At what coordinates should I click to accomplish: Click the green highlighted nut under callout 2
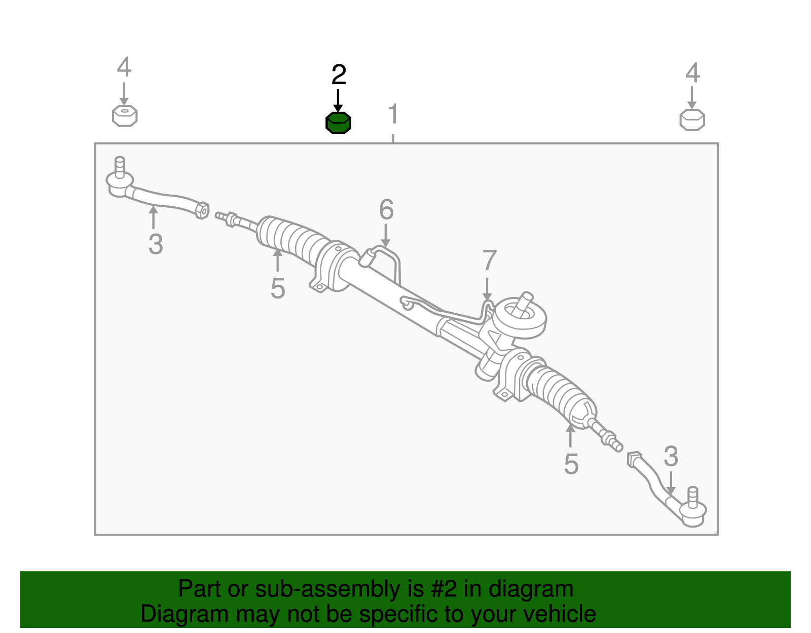338,123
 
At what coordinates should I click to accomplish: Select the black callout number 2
339,75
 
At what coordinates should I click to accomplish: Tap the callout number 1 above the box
393,114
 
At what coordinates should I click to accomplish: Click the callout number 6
386,209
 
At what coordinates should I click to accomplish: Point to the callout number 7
489,260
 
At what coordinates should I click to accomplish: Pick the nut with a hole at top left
125,116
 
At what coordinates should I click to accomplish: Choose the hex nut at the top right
692,120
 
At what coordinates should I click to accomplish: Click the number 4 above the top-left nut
124,67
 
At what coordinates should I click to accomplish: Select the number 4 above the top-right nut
692,73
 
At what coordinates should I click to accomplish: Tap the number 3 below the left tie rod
156,244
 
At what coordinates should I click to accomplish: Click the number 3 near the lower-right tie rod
671,456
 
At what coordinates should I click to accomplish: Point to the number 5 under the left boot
278,289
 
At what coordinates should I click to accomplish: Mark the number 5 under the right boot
571,464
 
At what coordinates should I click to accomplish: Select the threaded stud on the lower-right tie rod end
692,497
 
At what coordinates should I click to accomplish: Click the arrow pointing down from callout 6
386,236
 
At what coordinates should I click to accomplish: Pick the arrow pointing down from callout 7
487,289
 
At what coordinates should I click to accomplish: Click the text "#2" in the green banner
443,589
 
